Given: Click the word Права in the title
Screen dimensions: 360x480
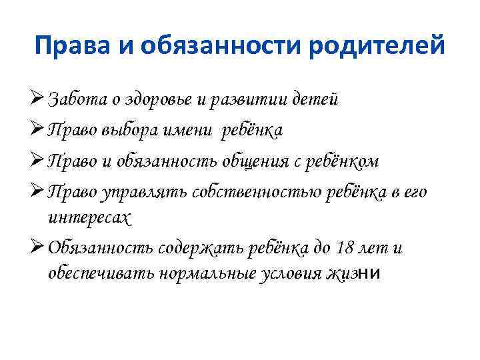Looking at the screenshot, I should [x=65, y=47].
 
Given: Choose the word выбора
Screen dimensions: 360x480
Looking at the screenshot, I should [x=135, y=131].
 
